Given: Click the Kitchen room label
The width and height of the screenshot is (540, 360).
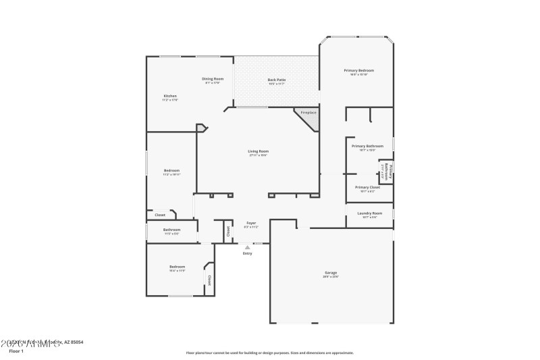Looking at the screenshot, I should coord(170,97).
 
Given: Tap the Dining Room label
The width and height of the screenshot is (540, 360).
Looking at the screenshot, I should coord(213,79).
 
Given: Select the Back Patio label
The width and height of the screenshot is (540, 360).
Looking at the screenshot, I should coord(277,80).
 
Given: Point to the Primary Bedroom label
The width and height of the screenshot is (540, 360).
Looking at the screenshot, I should coord(358,70).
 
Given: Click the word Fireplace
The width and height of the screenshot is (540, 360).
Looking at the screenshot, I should coord(308,112).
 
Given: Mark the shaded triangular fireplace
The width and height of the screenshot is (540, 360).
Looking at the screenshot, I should coord(311,121).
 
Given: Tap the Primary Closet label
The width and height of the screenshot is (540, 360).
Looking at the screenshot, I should coord(367,187).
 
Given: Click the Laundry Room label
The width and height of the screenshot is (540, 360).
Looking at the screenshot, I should coord(369,213).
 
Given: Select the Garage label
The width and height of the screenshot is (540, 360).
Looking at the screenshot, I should coord(331,273).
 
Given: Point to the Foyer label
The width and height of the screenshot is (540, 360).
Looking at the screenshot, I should coord(250,223).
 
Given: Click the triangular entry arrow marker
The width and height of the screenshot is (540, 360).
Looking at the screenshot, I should coord(247,247).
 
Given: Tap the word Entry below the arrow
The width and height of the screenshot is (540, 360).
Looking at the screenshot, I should coord(247,253).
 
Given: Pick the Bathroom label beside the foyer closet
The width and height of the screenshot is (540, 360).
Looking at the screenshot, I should coord(171,230).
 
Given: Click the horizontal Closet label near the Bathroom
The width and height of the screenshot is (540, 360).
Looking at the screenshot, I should coord(160,215).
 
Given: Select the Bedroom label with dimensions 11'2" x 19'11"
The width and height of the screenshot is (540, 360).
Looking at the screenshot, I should coord(171,170).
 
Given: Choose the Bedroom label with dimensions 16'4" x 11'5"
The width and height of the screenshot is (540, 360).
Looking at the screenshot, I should coord(177,267).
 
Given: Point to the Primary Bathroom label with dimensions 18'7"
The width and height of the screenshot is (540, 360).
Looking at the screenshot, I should coord(367,146).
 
